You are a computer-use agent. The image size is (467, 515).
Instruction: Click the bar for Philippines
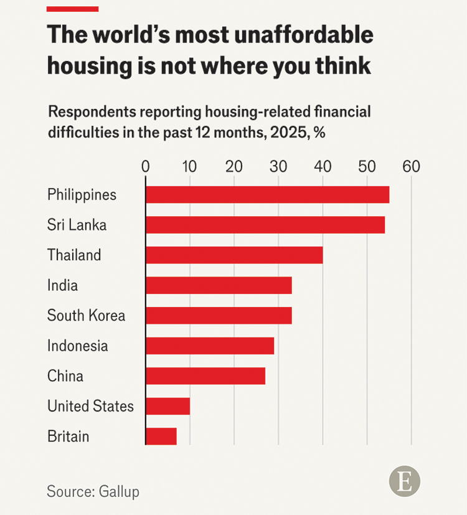tap(267, 194)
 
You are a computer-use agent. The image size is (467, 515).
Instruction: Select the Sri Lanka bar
tap(265, 225)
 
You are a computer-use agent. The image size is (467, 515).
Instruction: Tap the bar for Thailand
tap(234, 255)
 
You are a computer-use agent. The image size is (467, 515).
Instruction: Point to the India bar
tap(219, 285)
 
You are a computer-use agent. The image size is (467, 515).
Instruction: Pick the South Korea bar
tap(219, 316)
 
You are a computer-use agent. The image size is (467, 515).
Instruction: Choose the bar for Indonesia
tap(210, 346)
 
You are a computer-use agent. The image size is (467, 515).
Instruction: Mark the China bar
tap(205, 376)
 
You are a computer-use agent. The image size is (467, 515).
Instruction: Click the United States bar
tap(167, 406)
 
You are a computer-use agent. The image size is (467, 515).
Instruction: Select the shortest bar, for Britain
tap(161, 437)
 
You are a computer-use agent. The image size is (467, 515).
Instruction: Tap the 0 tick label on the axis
tap(146, 167)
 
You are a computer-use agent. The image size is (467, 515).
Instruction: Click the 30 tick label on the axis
tap(278, 167)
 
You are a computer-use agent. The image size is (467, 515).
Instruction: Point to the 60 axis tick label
tap(411, 167)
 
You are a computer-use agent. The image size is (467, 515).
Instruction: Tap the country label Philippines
tap(82, 194)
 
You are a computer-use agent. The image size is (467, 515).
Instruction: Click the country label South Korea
tap(86, 316)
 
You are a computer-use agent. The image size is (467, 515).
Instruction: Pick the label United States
tap(90, 406)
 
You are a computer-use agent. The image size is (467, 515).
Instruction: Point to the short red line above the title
tap(72, 9)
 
